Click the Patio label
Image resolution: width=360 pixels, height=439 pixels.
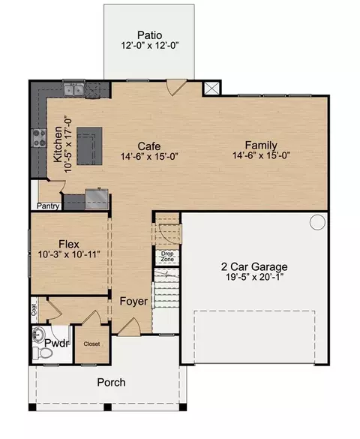point(150,35)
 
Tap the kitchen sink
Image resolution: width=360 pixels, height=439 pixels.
point(73,90)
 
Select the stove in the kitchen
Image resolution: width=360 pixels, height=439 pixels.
point(39,138)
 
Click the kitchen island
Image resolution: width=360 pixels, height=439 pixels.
point(89,146)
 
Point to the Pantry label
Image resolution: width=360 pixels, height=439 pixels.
point(48,206)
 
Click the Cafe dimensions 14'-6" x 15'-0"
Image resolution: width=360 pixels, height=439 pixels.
point(149,157)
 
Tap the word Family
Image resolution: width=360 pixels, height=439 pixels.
point(261,145)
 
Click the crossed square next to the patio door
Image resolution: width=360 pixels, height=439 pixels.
point(211,89)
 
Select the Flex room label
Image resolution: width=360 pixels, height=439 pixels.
point(69,244)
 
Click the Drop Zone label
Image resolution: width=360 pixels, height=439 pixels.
point(167,257)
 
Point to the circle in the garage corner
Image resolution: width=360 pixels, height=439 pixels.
point(317,222)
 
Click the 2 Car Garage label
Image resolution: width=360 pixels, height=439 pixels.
point(254,267)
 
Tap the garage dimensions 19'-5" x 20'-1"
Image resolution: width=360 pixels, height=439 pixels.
point(255,277)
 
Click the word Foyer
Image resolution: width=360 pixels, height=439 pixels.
point(133,301)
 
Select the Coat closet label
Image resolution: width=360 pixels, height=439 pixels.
point(34,310)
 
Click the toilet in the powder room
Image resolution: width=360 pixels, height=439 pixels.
point(43,353)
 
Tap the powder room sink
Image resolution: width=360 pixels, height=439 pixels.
point(38,334)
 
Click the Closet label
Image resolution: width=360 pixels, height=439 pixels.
point(91,344)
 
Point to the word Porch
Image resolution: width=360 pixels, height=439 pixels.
point(111,383)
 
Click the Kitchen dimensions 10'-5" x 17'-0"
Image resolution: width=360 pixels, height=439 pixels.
point(68,144)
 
